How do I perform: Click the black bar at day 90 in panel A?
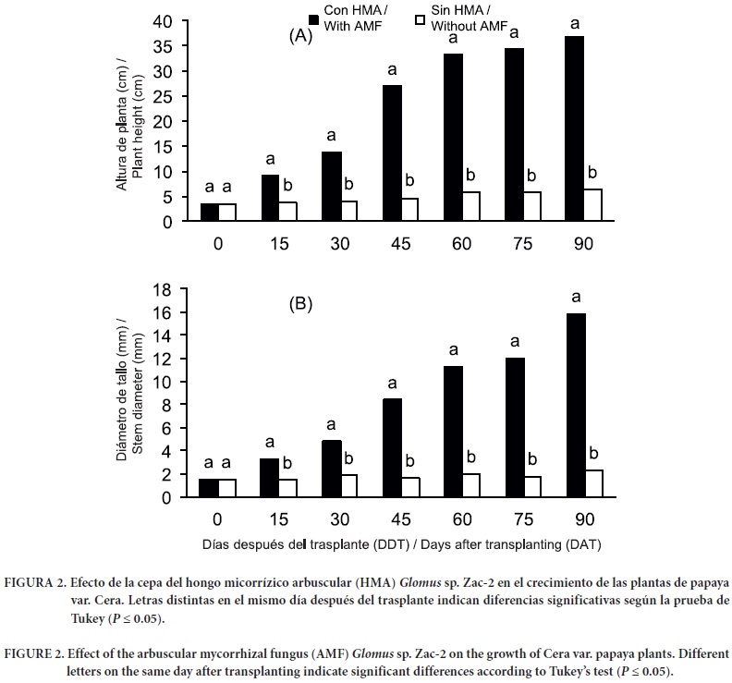[x=575, y=128]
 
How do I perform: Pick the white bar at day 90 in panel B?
[x=593, y=483]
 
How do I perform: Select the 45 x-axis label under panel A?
[x=401, y=243]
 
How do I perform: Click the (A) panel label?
[x=301, y=36]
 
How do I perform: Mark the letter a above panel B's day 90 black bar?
[x=576, y=297]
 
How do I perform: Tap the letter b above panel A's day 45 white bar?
[x=409, y=180]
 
